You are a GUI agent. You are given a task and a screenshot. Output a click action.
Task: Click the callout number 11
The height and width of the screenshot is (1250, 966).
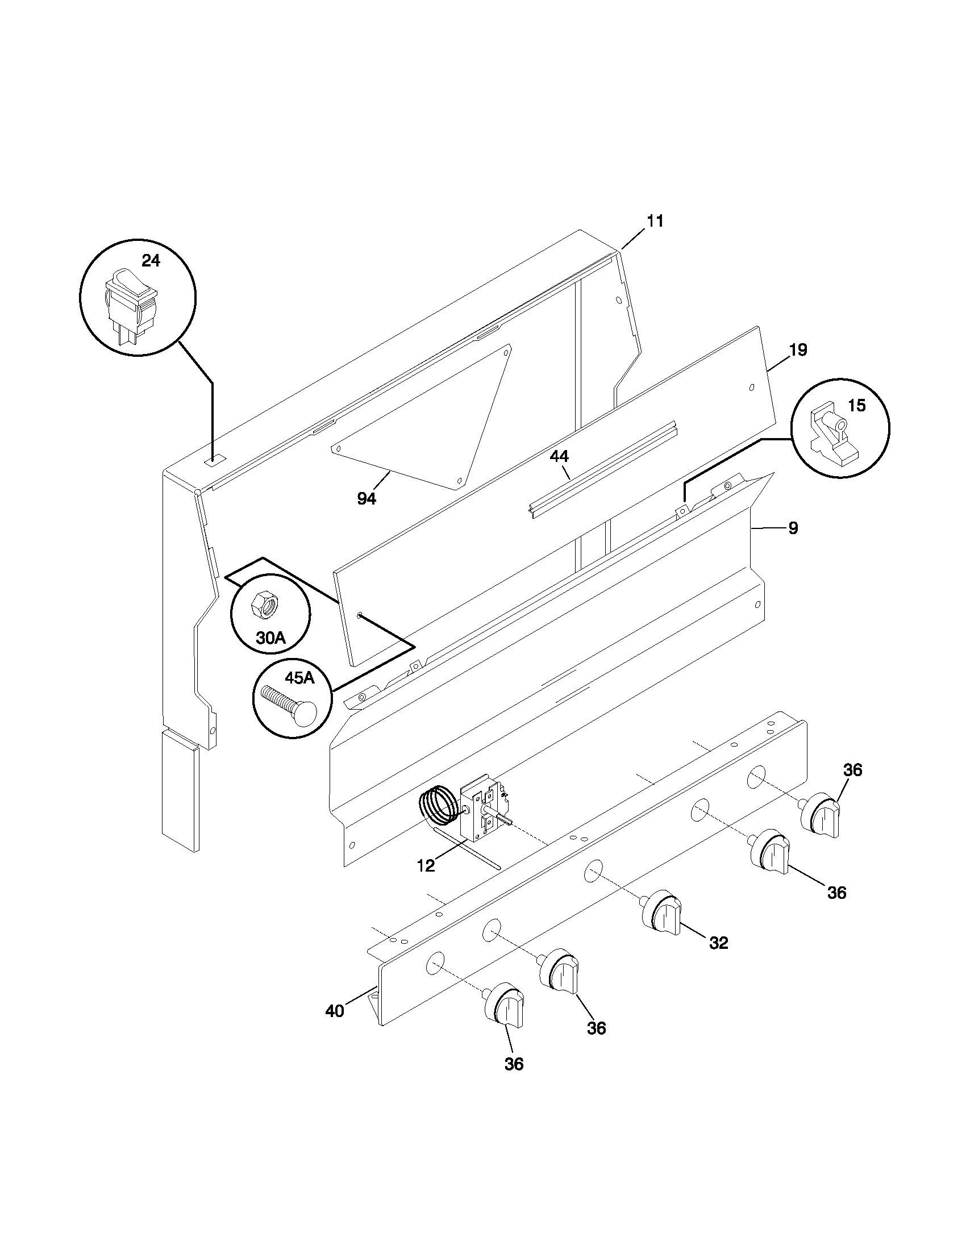[655, 221]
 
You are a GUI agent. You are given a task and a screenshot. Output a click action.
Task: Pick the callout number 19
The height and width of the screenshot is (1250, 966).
[798, 349]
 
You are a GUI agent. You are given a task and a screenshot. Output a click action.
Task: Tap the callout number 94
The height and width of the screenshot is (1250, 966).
[367, 499]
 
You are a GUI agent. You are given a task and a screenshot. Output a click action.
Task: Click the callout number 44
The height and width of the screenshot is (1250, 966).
[559, 456]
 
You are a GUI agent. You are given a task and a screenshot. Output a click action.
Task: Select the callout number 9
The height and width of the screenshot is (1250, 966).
[793, 528]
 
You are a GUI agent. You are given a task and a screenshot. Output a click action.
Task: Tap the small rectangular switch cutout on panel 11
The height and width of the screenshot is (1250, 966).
[216, 459]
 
